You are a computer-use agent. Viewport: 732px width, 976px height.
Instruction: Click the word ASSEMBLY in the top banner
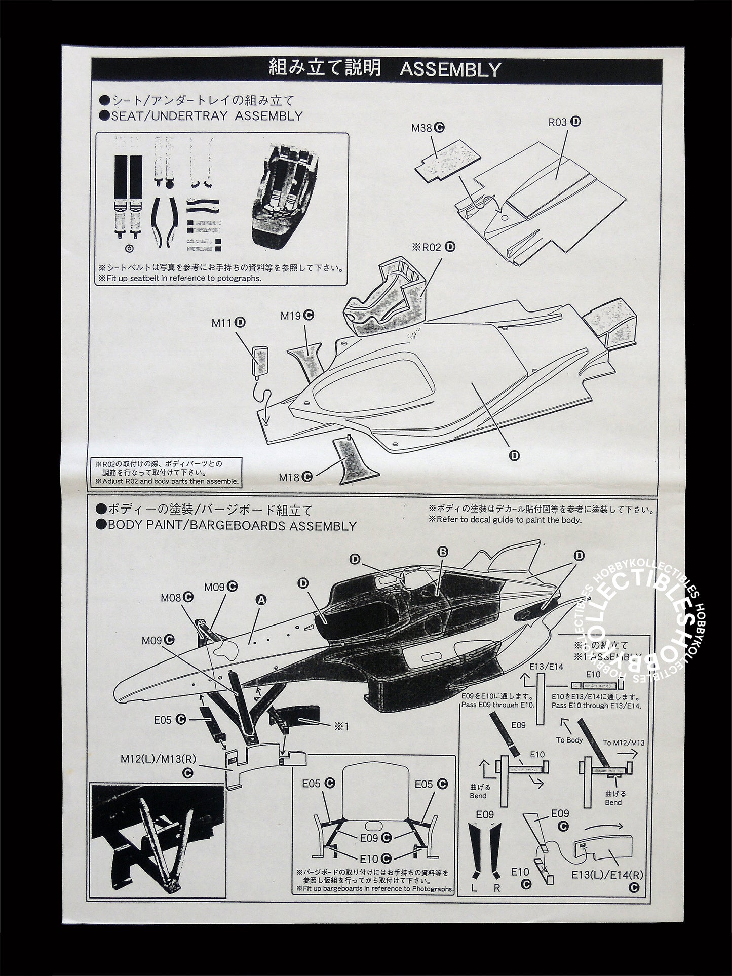[450, 70]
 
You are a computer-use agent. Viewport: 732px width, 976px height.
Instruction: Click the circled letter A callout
[261, 600]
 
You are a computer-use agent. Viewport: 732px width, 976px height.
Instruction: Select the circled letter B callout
[443, 552]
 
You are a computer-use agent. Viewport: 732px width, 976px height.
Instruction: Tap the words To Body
[570, 740]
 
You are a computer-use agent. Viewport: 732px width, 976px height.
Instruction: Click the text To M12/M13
[624, 743]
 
